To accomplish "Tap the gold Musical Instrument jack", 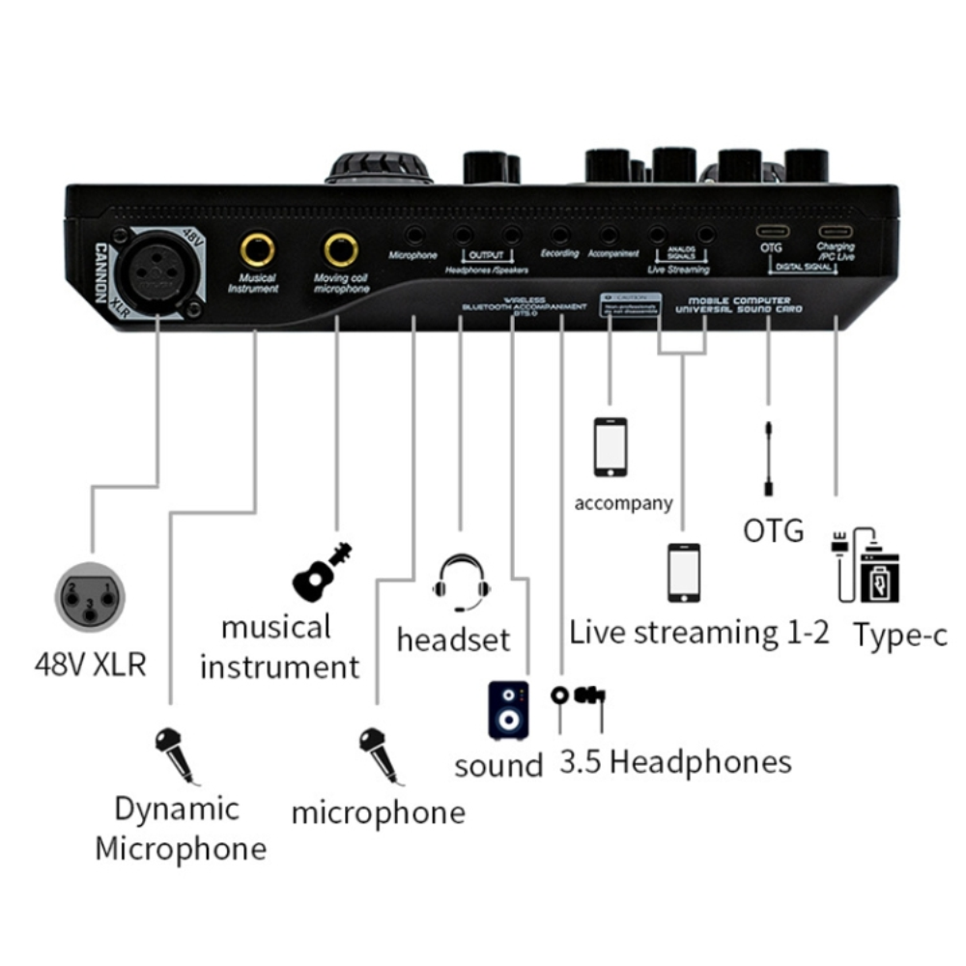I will [x=257, y=250].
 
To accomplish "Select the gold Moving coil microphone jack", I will [x=341, y=250].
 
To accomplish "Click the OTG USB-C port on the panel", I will [x=770, y=233].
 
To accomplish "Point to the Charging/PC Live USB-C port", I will [x=835, y=233].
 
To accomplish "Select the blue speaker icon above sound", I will [x=508, y=710].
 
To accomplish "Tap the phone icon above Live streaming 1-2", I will [x=684, y=574].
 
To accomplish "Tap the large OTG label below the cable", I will [x=773, y=529].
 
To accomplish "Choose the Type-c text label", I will [x=899, y=636].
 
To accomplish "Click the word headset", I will [x=453, y=639].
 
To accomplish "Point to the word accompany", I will [x=623, y=503].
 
